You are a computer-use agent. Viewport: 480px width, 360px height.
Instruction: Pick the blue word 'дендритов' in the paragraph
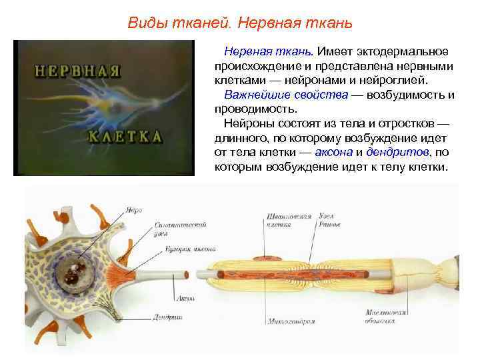[398, 153]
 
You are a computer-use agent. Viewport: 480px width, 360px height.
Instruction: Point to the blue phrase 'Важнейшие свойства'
[286, 95]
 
